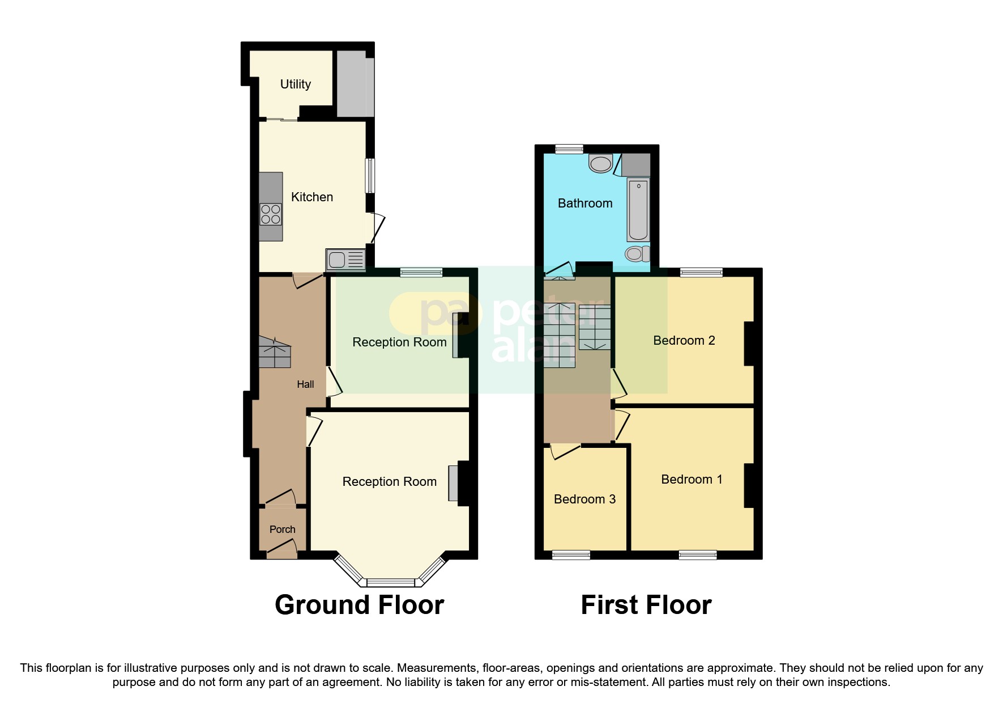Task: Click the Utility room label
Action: pyautogui.click(x=295, y=84)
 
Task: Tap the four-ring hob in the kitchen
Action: pyautogui.click(x=271, y=214)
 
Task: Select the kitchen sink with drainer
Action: pyautogui.click(x=345, y=260)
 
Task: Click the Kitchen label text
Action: pyautogui.click(x=311, y=197)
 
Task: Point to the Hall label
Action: pyautogui.click(x=305, y=384)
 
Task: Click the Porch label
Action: pyautogui.click(x=282, y=530)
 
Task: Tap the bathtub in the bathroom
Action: pyautogui.click(x=638, y=210)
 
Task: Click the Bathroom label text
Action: pyautogui.click(x=584, y=204)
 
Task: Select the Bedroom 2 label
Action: pyautogui.click(x=684, y=341)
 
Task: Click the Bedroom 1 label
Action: pyautogui.click(x=691, y=480)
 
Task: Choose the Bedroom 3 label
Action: pyautogui.click(x=584, y=499)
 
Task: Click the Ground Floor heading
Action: pyautogui.click(x=359, y=605)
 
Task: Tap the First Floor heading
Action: pyautogui.click(x=646, y=605)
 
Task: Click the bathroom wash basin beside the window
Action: pyautogui.click(x=600, y=164)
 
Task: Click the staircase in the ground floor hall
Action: pyautogui.click(x=275, y=352)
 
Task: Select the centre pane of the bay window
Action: pyautogui.click(x=391, y=582)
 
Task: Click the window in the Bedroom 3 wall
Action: pyautogui.click(x=571, y=555)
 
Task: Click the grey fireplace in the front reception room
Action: pyautogui.click(x=453, y=483)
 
